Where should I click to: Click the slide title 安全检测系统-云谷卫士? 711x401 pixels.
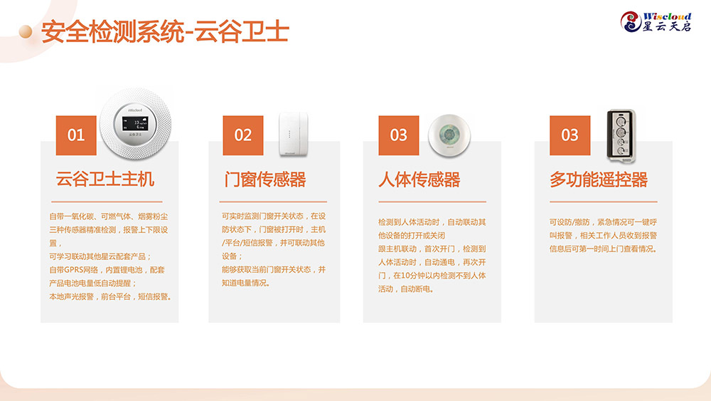click(165, 31)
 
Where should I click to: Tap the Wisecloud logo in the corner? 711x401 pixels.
click(656, 22)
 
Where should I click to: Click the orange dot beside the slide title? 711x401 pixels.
click(26, 31)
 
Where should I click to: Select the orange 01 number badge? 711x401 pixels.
click(76, 135)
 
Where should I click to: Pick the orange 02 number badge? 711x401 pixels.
click(243, 135)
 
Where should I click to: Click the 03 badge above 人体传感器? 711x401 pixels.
click(399, 135)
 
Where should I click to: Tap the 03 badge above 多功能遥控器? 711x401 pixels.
click(570, 135)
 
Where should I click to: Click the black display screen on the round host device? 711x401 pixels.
click(136, 123)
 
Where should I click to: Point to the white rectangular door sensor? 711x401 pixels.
click(293, 133)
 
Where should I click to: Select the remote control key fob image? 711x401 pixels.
click(621, 135)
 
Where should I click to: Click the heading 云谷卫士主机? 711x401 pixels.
click(105, 179)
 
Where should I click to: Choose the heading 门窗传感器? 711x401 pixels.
click(265, 179)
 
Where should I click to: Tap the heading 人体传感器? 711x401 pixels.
click(419, 179)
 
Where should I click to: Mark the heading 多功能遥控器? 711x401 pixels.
click(599, 179)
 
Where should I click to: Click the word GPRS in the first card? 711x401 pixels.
click(74, 270)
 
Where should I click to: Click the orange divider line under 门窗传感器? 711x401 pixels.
click(273, 202)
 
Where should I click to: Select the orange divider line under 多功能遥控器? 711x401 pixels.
click(604, 202)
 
